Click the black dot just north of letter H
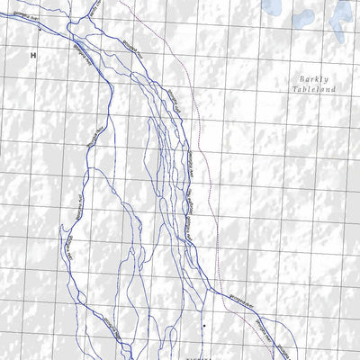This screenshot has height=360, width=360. (x=40, y=30)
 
